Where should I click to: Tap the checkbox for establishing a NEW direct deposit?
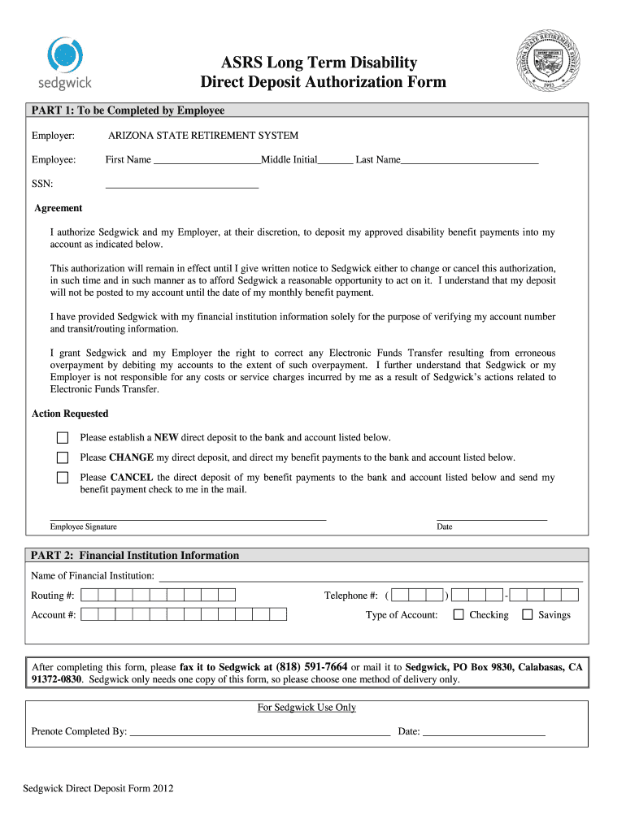(63, 437)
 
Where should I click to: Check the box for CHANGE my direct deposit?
(63, 457)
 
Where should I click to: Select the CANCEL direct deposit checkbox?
(63, 478)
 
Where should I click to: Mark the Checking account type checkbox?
(459, 615)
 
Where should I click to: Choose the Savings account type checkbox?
(527, 615)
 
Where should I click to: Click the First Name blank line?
(206, 161)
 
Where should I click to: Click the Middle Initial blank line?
(335, 161)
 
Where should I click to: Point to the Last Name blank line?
(469, 161)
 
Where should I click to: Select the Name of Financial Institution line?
(371, 577)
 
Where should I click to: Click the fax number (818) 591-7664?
(312, 667)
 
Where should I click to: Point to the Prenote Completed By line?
(260, 731)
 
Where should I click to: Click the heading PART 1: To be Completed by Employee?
(128, 110)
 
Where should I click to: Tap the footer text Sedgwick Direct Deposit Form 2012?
(98, 788)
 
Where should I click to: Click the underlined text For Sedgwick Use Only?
(306, 708)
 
